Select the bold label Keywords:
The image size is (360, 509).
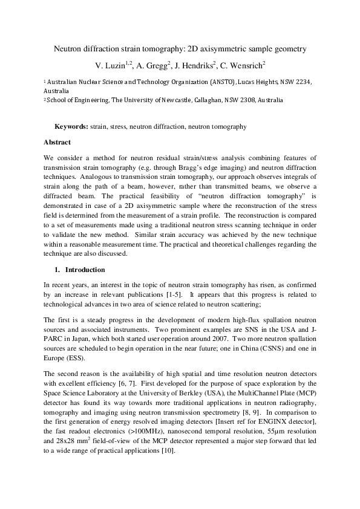point(71,127)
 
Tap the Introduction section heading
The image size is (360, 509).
point(85,269)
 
